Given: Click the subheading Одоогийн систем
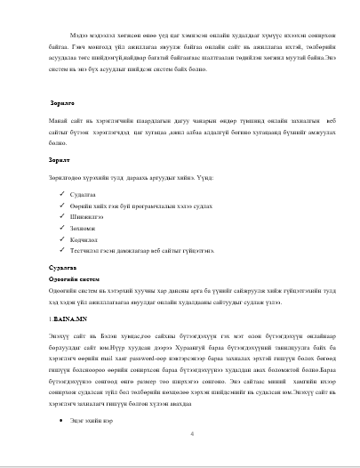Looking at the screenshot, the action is (73, 278).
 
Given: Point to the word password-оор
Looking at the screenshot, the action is (152, 355).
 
